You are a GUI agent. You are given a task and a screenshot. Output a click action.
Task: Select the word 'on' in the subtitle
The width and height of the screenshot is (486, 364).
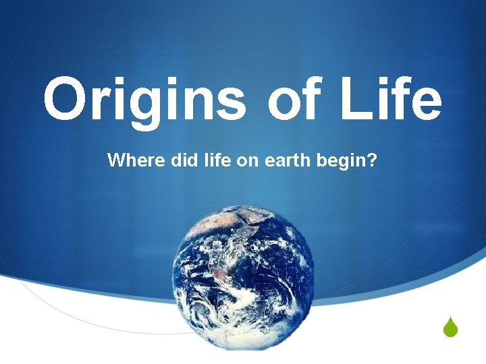coord(232,162)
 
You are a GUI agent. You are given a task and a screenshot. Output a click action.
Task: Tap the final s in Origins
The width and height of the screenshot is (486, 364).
coord(232,104)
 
